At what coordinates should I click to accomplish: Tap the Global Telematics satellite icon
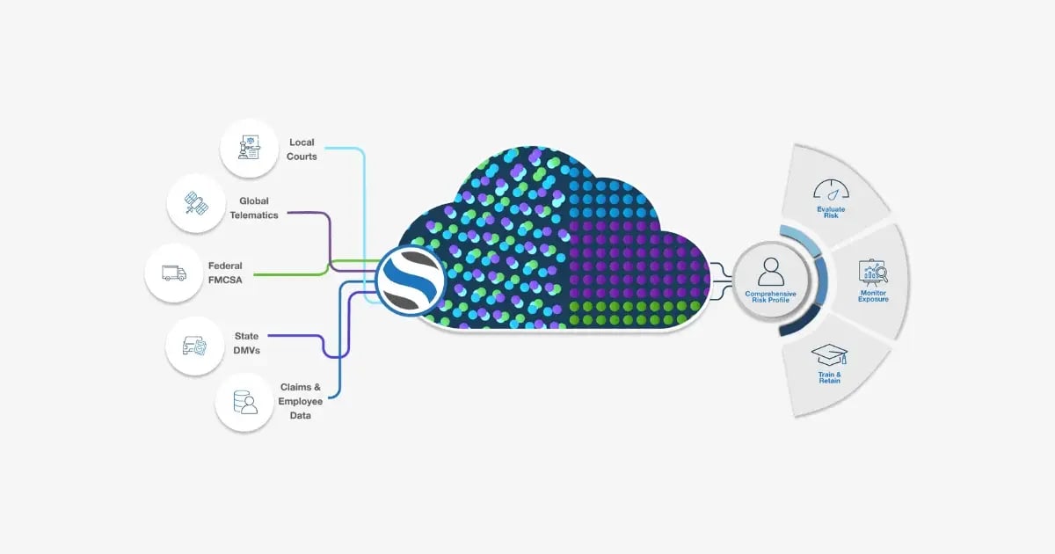coord(196,205)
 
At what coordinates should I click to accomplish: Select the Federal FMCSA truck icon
coord(174,273)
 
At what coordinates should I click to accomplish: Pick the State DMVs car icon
coord(194,346)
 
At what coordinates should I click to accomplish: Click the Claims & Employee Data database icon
coord(244,401)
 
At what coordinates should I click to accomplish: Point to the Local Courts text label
coord(302,149)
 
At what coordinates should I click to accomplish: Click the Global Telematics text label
coord(253,208)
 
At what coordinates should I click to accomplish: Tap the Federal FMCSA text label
coord(225,273)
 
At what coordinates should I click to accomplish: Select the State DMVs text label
coord(246,343)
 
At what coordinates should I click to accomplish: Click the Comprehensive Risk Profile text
coord(770,297)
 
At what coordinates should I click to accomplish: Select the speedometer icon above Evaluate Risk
coord(830,190)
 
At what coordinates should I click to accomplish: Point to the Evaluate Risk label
coord(830,212)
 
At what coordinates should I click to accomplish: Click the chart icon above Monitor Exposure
coord(873,273)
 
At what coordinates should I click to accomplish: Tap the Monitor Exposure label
coord(873,296)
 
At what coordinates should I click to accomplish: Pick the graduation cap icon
coord(829,355)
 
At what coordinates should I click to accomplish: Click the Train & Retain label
coord(829,377)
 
